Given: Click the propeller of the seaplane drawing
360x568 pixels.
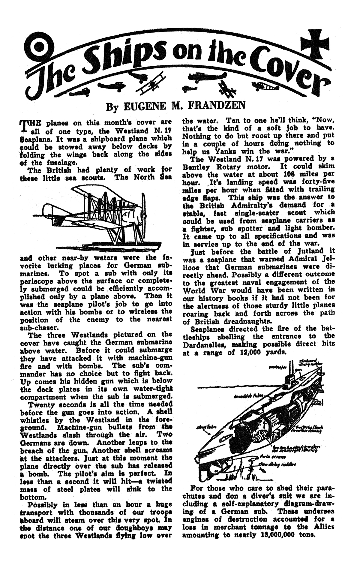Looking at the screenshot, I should [x=143, y=210].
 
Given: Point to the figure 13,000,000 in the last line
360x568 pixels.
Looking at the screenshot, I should [x=281, y=543].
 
